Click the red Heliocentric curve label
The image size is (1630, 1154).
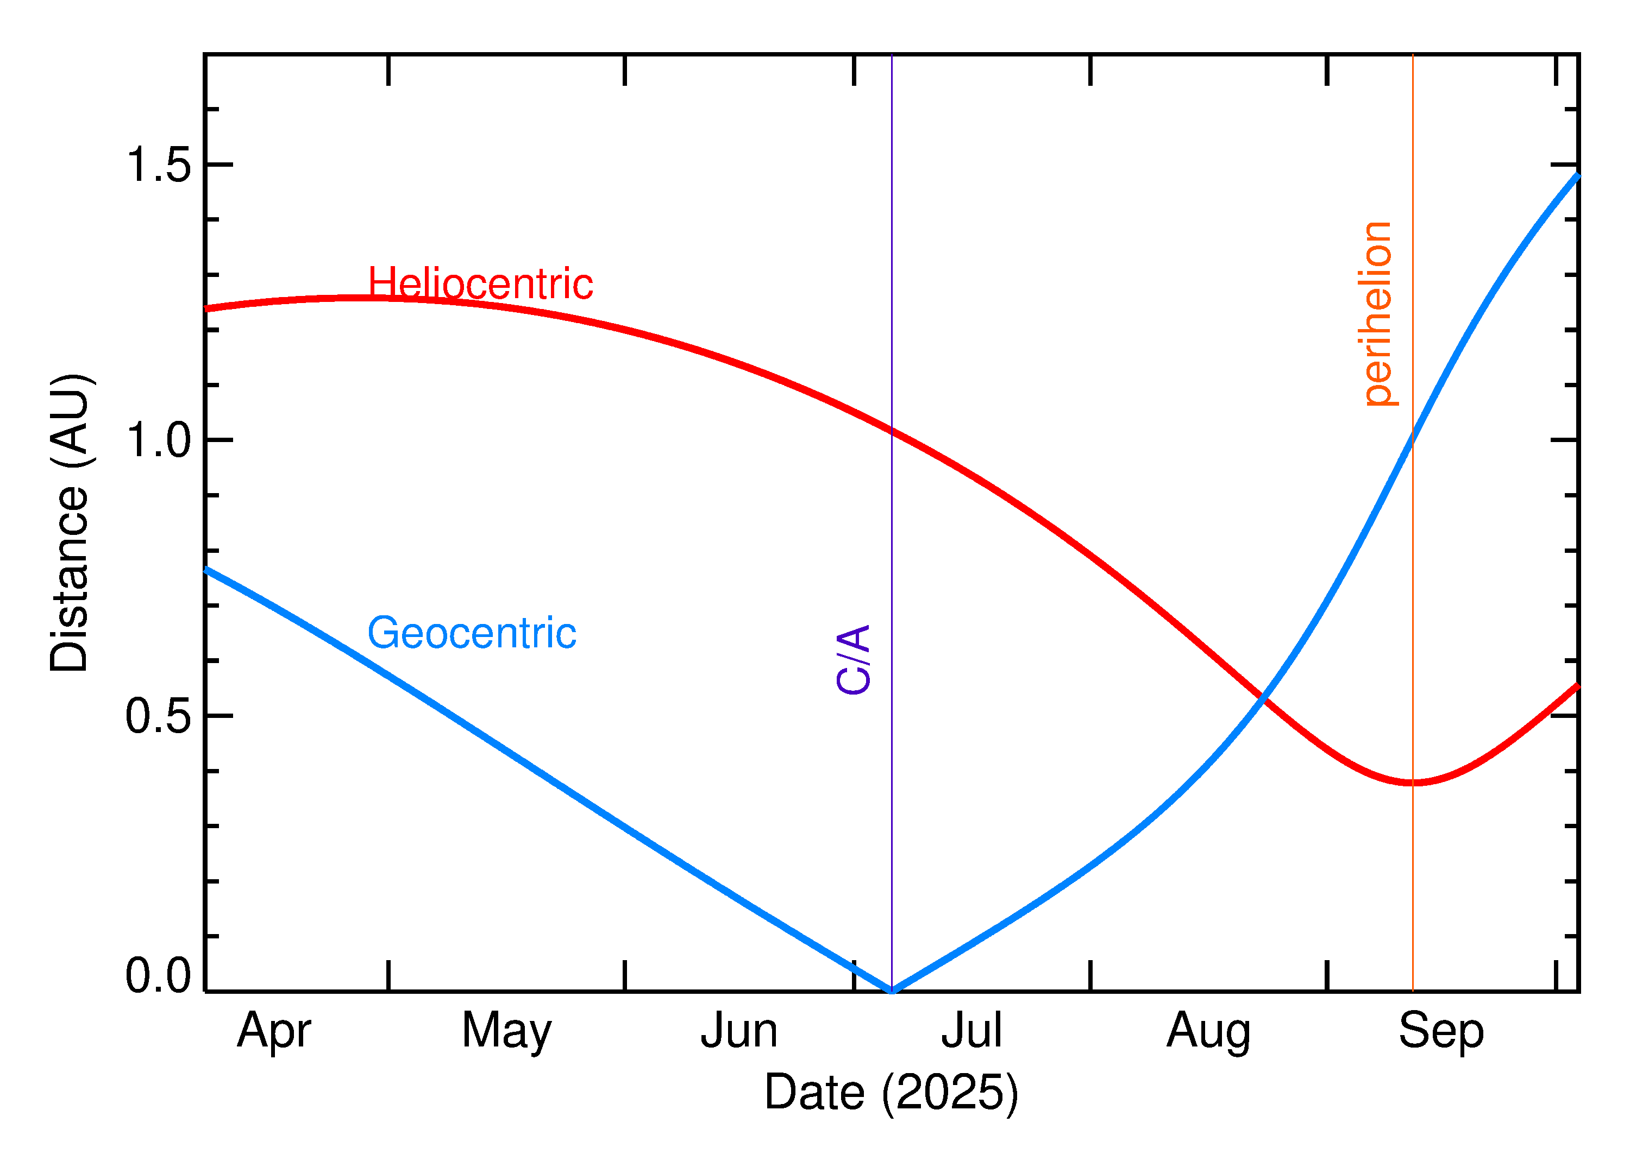(480, 284)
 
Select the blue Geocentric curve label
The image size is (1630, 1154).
(471, 633)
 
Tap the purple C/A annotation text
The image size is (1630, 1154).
(853, 659)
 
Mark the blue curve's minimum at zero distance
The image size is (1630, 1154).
(892, 991)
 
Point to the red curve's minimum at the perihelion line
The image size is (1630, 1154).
(1413, 783)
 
